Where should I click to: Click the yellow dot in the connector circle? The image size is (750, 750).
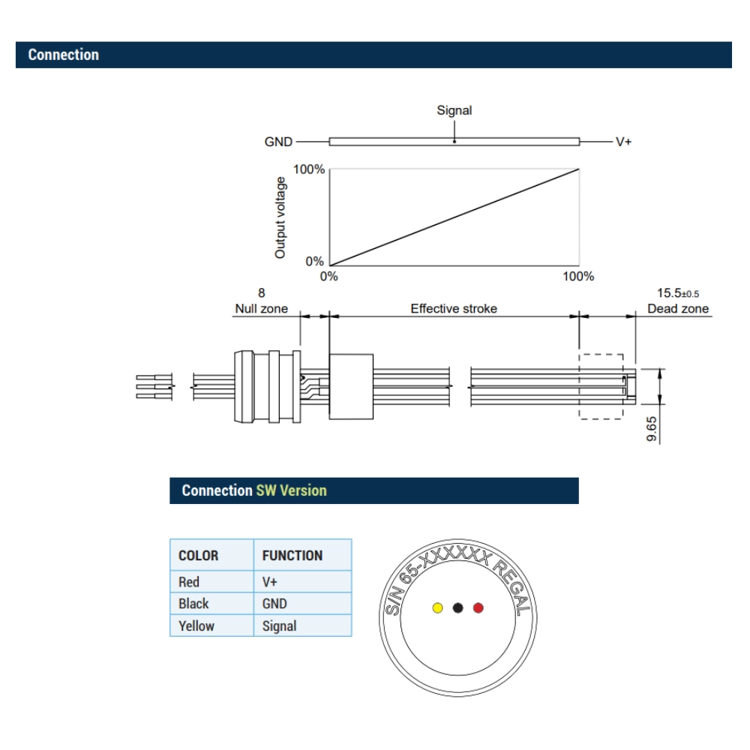[x=437, y=607]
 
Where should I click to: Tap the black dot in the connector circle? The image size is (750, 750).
[x=457, y=607]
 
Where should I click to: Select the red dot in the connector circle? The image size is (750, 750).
[x=478, y=607]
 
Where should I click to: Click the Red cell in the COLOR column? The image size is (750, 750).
[x=190, y=581]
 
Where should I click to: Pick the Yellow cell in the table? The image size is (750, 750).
[x=196, y=625]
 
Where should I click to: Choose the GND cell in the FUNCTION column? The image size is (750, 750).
[x=274, y=603]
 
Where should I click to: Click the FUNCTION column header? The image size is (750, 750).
[x=292, y=556]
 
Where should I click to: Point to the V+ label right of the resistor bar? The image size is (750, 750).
[x=623, y=142]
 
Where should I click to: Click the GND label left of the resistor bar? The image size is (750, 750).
[x=278, y=142]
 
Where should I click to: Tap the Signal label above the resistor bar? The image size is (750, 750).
[x=454, y=110]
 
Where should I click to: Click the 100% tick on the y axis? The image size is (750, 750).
[x=308, y=169]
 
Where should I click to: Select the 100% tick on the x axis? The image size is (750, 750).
[x=578, y=277]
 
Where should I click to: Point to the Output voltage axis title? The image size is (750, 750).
[x=280, y=217]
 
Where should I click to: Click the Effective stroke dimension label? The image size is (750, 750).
[x=454, y=308]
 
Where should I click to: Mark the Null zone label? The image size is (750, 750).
[x=261, y=308]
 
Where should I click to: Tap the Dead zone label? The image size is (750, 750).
[x=678, y=308]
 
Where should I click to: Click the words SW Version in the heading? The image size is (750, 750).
[x=292, y=490]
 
